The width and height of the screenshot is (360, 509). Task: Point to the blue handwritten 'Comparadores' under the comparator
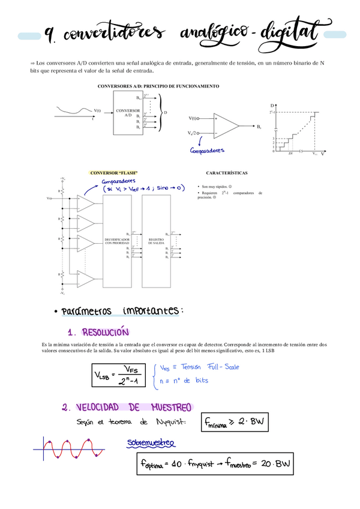[207, 151]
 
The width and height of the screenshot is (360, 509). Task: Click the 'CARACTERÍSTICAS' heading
[226, 173]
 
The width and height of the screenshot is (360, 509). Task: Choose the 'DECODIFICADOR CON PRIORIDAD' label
[116, 241]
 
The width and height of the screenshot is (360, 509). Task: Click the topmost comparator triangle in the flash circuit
[86, 205]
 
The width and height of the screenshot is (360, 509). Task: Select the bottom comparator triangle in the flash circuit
[86, 279]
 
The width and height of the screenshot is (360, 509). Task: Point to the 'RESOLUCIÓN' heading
[106, 333]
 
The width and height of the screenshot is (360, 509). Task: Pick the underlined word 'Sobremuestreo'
[151, 443]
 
